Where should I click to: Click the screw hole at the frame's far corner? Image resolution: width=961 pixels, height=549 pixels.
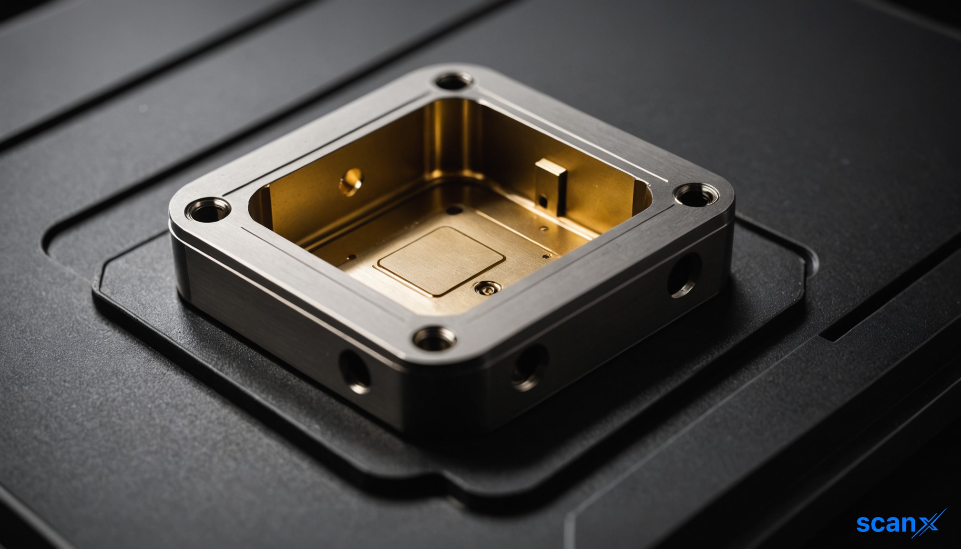tap(454, 82)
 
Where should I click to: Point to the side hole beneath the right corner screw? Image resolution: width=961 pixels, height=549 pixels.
tap(684, 274)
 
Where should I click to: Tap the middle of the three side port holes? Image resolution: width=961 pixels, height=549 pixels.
tap(530, 367)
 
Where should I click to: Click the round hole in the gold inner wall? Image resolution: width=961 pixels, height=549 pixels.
tap(351, 182)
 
